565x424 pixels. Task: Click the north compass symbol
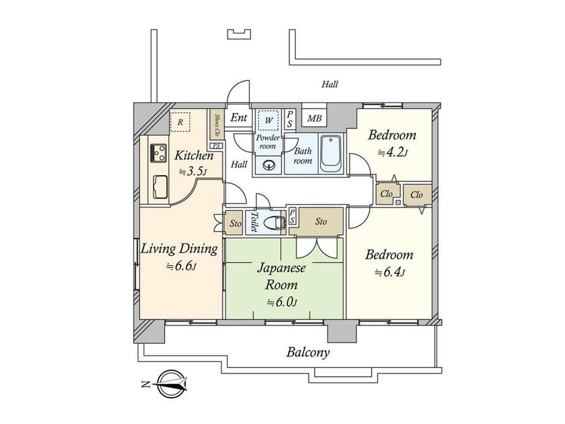(169, 384)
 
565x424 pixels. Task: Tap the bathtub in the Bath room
(331, 155)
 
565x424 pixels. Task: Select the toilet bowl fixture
(275, 223)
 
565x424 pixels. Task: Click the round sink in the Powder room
(268, 165)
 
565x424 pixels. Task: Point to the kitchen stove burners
(158, 153)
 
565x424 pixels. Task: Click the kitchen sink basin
(160, 187)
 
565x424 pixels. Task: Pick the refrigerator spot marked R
(180, 122)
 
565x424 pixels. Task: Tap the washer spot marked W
(268, 120)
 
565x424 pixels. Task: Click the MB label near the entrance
(314, 118)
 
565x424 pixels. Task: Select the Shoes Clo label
(217, 124)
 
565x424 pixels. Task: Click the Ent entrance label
(239, 117)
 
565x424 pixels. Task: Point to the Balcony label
(308, 352)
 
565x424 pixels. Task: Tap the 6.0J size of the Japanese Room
(282, 302)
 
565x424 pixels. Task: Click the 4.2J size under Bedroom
(392, 153)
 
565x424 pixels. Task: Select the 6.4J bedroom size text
(390, 272)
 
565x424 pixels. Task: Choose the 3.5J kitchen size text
(193, 171)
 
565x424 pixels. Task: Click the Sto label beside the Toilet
(236, 224)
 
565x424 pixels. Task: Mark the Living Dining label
(179, 249)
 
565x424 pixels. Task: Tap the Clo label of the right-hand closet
(416, 195)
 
